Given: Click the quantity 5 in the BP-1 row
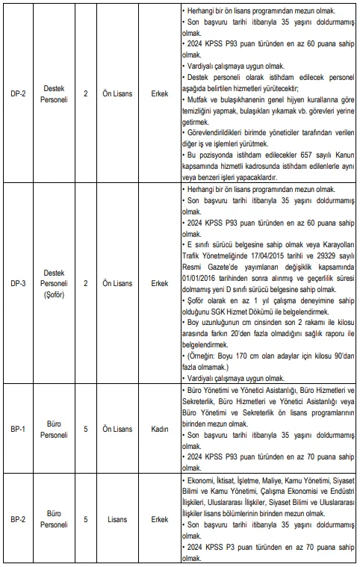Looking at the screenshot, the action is (x=86, y=429).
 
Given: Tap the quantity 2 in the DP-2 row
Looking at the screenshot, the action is (x=86, y=95).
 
